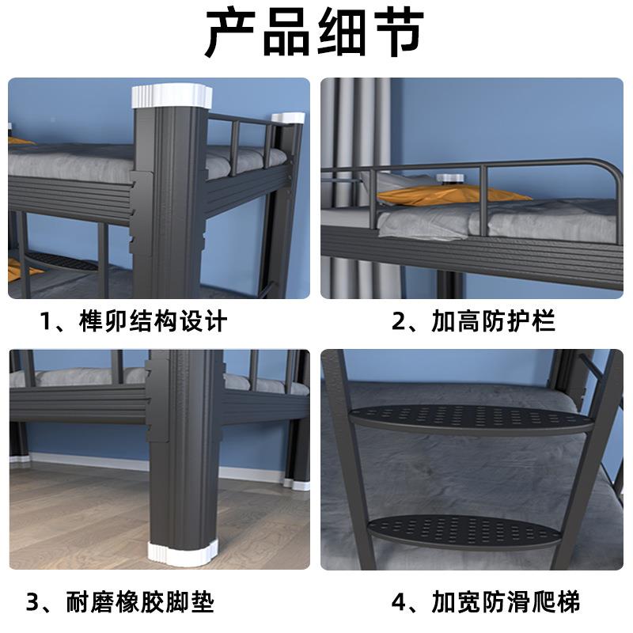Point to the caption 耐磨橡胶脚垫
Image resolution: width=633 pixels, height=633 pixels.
point(146,603)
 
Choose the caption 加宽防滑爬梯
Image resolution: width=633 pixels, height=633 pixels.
point(506,603)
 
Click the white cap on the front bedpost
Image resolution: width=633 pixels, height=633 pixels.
point(172,97)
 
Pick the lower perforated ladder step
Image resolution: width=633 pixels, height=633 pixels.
point(467,529)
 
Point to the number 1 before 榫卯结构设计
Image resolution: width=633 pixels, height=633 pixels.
point(49,321)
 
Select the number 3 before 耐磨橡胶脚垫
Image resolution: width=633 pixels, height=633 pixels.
point(33,603)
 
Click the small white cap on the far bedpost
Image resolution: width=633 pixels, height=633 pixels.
point(288,119)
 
